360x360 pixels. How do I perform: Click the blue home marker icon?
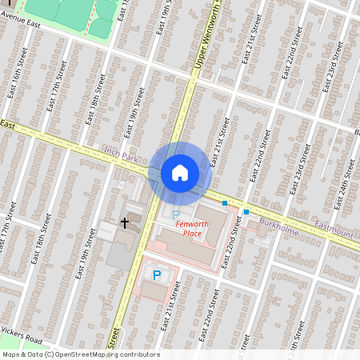click(x=180, y=172)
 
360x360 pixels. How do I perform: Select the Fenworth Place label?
click(x=192, y=228)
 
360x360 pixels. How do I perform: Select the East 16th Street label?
click(x=18, y=87)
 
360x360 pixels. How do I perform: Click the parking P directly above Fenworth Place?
click(x=176, y=214)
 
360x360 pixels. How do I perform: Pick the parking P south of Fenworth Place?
click(x=157, y=274)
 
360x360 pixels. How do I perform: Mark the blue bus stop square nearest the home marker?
click(x=225, y=203)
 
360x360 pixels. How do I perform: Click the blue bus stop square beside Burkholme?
click(x=246, y=211)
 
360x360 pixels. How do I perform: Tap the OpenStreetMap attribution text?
click(x=80, y=354)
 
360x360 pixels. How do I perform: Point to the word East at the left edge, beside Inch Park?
click(x=9, y=126)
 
